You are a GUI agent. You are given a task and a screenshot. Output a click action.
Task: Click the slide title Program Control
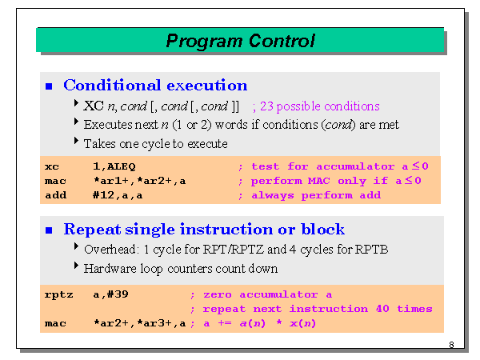coord(240,41)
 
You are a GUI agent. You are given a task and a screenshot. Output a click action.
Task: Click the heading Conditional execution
coord(155,86)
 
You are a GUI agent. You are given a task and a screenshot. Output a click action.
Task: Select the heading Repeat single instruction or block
coord(204,230)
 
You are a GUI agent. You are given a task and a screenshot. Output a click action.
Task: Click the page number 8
coord(451,346)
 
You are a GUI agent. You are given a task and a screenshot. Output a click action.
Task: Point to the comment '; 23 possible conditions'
coord(315,106)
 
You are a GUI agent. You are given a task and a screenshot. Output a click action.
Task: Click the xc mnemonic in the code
coord(51,166)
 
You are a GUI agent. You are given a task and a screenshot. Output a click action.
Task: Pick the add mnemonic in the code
coord(54,195)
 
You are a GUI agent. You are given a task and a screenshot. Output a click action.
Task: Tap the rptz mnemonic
coord(58,294)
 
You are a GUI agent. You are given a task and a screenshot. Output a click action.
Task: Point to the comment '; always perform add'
coord(309,195)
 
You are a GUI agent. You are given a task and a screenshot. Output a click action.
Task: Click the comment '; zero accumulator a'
coord(260,294)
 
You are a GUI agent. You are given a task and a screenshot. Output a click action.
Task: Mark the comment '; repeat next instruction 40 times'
coord(310,309)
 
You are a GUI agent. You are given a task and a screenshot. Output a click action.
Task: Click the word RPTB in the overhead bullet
coord(370,250)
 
